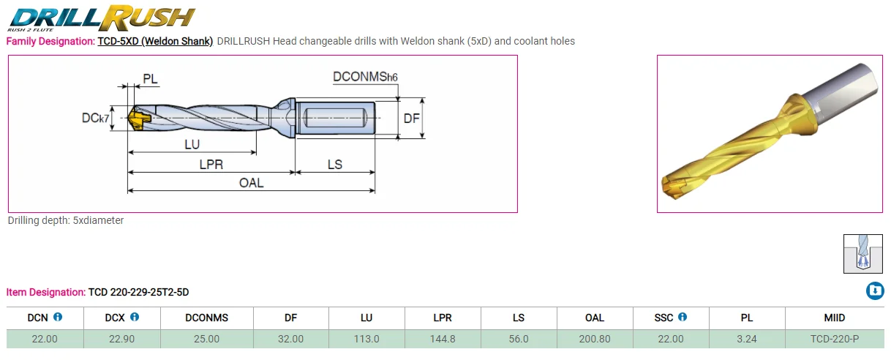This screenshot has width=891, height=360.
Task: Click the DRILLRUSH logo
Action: (x=102, y=17)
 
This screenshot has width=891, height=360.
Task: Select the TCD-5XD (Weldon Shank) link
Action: (x=154, y=41)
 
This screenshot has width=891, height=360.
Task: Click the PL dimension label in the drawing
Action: (x=150, y=78)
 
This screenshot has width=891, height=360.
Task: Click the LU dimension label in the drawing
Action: (x=192, y=144)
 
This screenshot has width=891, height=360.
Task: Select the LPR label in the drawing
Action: (x=211, y=165)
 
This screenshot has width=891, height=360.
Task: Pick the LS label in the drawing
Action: (x=334, y=165)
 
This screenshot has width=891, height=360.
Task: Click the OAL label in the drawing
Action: (x=251, y=183)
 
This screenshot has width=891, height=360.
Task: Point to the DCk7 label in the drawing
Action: (x=95, y=117)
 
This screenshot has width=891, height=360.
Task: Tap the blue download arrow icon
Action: (x=875, y=291)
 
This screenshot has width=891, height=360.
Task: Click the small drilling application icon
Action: (x=863, y=253)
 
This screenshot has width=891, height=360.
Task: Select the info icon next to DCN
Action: (x=58, y=318)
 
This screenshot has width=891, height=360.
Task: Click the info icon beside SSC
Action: (x=683, y=318)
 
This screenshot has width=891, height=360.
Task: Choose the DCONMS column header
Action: (x=206, y=318)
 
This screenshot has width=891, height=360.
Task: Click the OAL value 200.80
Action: (x=594, y=339)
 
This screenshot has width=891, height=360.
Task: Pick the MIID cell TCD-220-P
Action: (x=834, y=339)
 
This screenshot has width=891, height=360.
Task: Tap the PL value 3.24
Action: (x=746, y=339)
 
